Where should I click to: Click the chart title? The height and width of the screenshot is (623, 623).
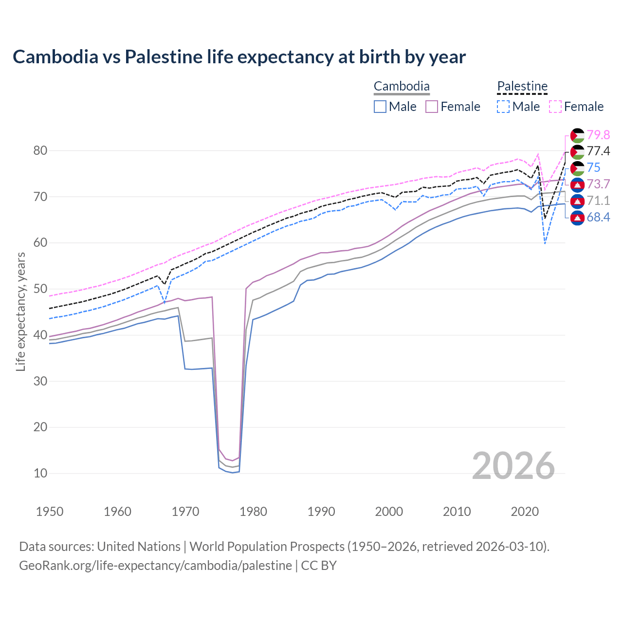point(239,57)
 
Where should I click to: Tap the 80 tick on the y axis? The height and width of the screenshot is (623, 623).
point(40,151)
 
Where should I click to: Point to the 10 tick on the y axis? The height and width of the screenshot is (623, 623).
point(40,473)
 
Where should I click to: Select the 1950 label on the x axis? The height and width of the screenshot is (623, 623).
point(50,512)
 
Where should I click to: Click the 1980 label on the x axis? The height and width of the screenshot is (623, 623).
point(254,512)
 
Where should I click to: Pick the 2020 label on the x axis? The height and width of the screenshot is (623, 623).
point(525,512)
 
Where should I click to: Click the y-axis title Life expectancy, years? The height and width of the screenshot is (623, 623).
point(20,311)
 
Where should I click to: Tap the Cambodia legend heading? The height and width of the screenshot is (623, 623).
point(402,87)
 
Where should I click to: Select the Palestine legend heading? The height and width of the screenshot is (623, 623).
point(522,87)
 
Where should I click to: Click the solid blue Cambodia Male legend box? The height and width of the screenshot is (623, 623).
point(380,107)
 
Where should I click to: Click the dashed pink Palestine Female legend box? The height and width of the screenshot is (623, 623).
point(555,107)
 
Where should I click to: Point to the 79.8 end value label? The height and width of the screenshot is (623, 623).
point(598,135)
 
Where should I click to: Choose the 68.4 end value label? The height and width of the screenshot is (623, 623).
point(598,217)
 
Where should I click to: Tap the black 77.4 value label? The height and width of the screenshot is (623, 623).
point(598,151)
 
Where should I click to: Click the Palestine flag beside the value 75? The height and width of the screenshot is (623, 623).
point(577,168)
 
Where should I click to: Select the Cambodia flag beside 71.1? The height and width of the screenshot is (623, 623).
point(577,201)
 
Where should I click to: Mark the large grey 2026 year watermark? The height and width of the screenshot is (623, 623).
point(513,466)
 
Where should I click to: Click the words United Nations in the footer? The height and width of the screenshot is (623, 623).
point(139,547)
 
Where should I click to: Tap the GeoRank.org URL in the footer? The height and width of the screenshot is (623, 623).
point(155,566)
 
